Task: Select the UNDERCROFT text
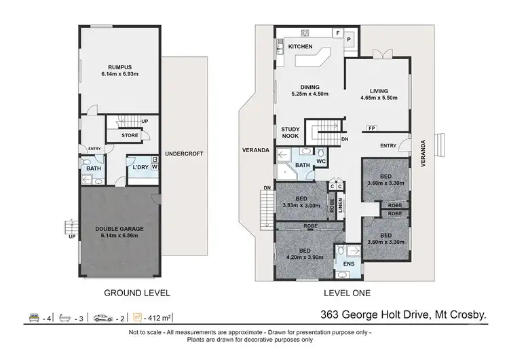[x=184, y=154]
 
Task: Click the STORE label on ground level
[x=130, y=135]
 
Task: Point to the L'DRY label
[x=140, y=167]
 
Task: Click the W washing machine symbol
[x=155, y=167]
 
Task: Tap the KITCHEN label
[x=300, y=46]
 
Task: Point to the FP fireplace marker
[x=371, y=128]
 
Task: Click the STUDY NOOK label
[x=291, y=132]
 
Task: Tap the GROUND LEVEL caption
[x=136, y=294]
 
